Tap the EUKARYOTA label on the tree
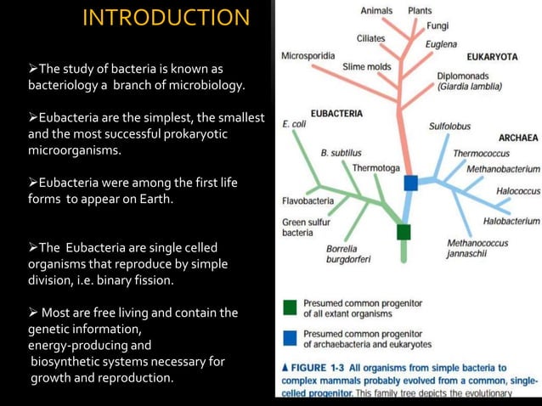click(x=492, y=57)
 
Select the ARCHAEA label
click(x=517, y=138)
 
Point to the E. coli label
click(x=294, y=124)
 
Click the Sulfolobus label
click(x=449, y=126)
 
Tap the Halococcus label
click(x=517, y=191)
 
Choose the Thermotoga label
click(x=375, y=168)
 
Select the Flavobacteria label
click(x=308, y=201)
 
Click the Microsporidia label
click(x=308, y=56)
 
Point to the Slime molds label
click(x=366, y=66)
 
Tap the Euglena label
click(x=441, y=44)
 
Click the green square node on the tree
click(x=404, y=232)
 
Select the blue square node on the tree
click(x=411, y=183)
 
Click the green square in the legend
click(x=290, y=307)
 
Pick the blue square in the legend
click(x=290, y=338)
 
